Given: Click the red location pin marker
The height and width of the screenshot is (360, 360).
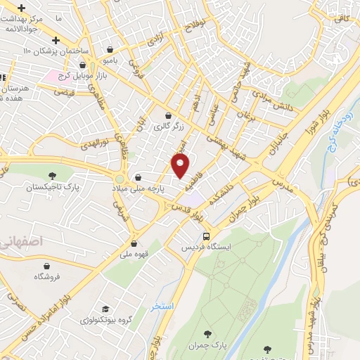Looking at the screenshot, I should pos(181,166).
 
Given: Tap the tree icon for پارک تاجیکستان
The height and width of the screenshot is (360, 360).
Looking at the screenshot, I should pos(52,176).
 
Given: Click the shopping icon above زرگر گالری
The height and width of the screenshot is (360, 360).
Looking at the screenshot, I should pos(168,116).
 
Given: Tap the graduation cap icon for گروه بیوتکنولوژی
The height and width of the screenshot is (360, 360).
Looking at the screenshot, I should pos(105,309).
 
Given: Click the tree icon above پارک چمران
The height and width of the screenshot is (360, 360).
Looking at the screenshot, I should pos(207,334).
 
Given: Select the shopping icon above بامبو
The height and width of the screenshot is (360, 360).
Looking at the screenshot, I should pos(111,49).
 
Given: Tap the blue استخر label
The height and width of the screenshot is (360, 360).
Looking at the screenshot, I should pos(161,307).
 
